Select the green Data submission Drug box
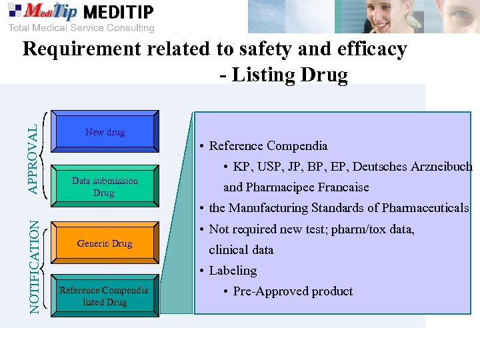(105, 187)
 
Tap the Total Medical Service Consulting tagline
(81, 27)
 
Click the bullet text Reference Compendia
(269, 145)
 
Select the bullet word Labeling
(233, 270)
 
